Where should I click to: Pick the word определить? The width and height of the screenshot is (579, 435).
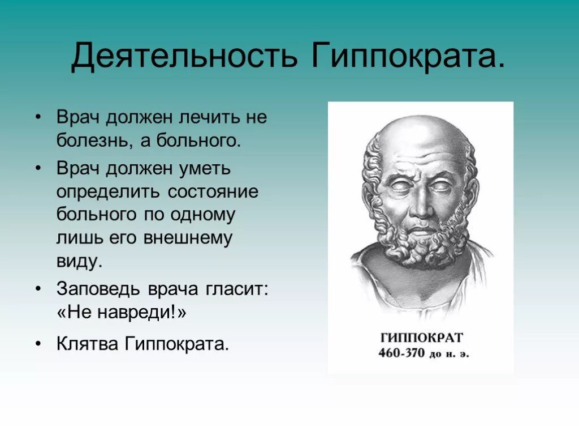click(107, 192)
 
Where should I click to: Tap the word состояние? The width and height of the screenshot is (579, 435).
click(213, 192)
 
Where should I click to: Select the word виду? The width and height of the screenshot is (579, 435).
click(79, 262)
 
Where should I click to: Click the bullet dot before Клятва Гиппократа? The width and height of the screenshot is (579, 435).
click(38, 344)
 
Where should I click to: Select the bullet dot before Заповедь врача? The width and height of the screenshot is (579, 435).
click(38, 289)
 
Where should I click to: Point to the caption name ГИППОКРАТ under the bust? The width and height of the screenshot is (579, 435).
click(421, 337)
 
